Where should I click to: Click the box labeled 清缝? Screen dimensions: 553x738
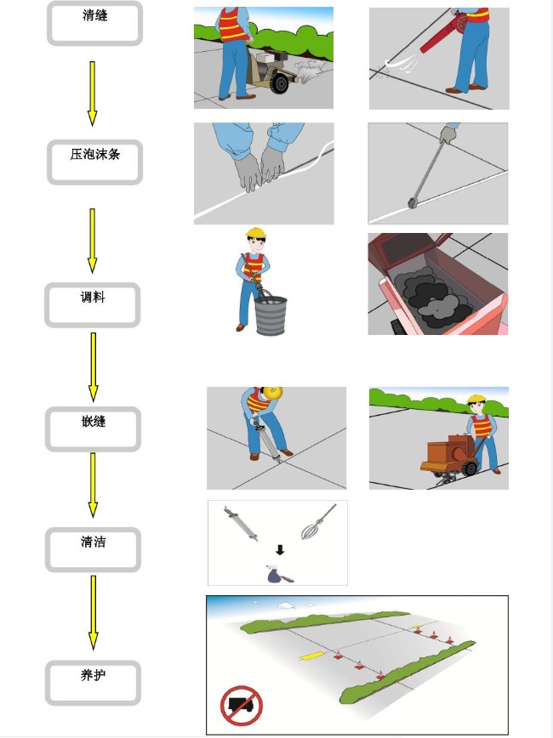pyautogui.click(x=94, y=23)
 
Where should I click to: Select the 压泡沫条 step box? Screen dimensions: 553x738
pyautogui.click(x=94, y=162)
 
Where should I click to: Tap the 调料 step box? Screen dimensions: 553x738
pyautogui.click(x=93, y=305)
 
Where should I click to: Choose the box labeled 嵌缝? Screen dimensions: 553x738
pyautogui.click(x=93, y=429)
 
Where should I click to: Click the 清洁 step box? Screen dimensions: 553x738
pyautogui.click(x=93, y=549)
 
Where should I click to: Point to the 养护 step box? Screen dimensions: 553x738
pyautogui.click(x=93, y=683)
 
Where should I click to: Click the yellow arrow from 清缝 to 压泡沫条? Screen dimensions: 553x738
pyautogui.click(x=93, y=94)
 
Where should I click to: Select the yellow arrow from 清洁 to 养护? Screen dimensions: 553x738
pyautogui.click(x=94, y=613)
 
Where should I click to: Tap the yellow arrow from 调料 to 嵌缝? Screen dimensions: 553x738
pyautogui.click(x=94, y=367)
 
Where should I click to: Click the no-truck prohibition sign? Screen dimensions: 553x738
pyautogui.click(x=241, y=706)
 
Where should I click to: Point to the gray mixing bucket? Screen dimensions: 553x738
pyautogui.click(x=271, y=315)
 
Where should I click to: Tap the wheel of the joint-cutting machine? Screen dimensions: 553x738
pyautogui.click(x=280, y=83)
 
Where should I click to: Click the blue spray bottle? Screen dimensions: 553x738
pyautogui.click(x=275, y=574)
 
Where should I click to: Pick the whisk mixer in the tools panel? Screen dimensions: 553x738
pyautogui.click(x=318, y=522)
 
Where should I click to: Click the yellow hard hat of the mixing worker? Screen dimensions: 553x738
pyautogui.click(x=256, y=232)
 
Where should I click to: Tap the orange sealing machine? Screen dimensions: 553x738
pyautogui.click(x=448, y=455)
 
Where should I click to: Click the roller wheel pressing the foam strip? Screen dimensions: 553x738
pyautogui.click(x=412, y=203)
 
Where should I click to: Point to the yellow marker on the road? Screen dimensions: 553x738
pyautogui.click(x=312, y=656)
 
